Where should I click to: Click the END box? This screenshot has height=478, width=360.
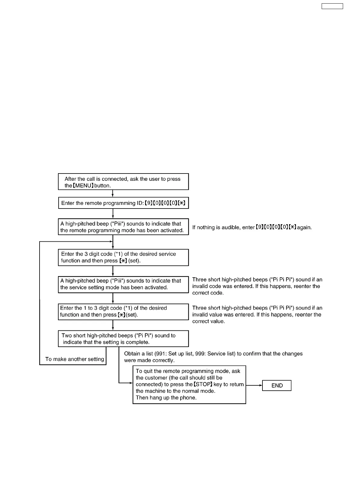[277, 385]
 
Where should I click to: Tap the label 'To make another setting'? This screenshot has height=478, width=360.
[75, 359]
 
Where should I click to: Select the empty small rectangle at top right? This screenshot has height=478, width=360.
[332, 6]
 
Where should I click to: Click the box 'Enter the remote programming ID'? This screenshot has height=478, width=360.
[123, 203]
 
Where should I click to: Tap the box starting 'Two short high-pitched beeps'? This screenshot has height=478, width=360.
[123, 339]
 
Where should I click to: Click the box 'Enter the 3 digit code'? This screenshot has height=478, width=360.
[123, 257]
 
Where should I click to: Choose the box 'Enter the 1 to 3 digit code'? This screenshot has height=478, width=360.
[123, 311]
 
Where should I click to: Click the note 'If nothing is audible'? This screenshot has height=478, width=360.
[252, 227]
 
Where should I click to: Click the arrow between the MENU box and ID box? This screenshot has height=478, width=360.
[113, 193]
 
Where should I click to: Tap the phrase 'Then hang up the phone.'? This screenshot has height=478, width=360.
[166, 397]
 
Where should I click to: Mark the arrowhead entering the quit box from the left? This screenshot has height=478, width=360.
[131, 383]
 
